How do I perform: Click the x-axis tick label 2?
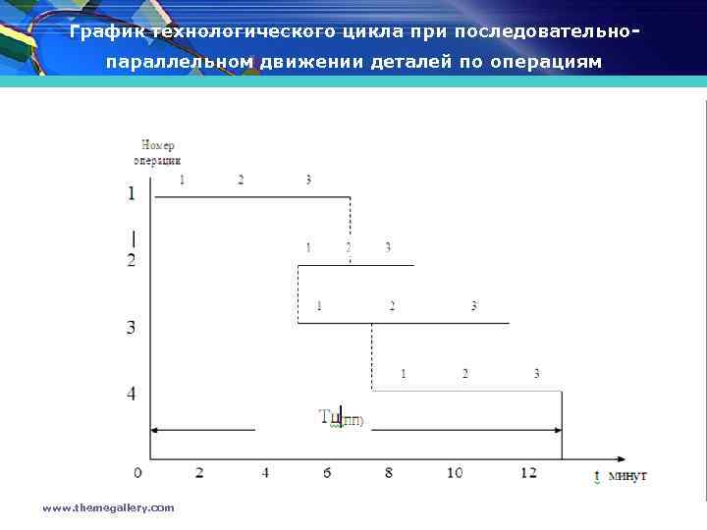199,473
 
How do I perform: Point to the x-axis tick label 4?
265,473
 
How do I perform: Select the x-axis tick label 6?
325,473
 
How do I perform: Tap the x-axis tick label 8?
389,473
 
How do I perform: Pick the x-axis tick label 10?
455,473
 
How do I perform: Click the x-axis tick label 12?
529,473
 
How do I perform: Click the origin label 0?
137,473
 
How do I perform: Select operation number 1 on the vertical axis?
132,194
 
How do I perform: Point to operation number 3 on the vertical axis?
132,327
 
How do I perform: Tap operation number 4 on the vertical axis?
132,395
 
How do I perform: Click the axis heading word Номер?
158,146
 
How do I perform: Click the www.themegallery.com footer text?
108,507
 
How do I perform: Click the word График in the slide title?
107,31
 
